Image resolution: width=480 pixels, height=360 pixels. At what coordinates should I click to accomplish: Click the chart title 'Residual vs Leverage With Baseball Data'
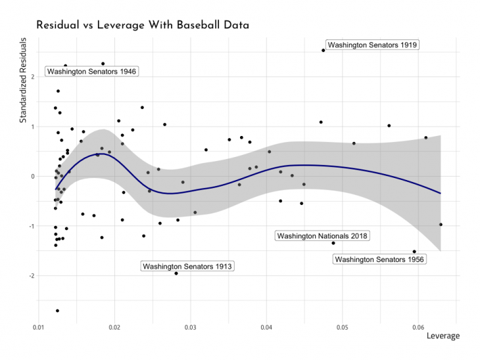pos(143,25)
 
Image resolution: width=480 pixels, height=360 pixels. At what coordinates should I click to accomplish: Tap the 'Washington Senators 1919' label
pos(372,45)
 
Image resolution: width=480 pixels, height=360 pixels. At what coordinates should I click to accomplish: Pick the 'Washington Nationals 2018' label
pos(322,235)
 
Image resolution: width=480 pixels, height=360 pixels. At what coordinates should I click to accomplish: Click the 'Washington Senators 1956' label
pos(380,259)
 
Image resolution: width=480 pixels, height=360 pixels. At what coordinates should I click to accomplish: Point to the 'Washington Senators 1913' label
pos(188,266)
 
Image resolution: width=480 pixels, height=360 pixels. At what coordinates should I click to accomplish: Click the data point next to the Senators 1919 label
pos(323,50)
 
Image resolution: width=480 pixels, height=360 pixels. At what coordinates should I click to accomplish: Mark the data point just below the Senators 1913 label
pos(176,273)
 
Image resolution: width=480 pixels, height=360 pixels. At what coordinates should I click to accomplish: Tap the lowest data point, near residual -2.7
pos(57,311)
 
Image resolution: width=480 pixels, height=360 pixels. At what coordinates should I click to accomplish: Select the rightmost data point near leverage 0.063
pos(441,225)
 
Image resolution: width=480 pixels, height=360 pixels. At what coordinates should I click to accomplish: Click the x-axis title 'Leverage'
pos(443,336)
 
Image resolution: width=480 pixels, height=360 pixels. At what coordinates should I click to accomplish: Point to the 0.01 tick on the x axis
pos(39,326)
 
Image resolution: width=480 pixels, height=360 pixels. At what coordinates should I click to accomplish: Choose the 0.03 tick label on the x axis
pos(191,326)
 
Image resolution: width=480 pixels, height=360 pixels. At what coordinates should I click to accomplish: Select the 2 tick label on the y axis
pos(32,77)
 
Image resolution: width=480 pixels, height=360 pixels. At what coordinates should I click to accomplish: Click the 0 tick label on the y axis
pos(32,176)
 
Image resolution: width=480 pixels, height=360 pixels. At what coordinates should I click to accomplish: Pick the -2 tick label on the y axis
pos(30,276)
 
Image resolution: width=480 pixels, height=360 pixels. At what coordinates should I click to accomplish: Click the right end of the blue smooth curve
pos(440,193)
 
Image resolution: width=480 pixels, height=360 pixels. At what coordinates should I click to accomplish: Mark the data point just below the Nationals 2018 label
pos(333,243)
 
